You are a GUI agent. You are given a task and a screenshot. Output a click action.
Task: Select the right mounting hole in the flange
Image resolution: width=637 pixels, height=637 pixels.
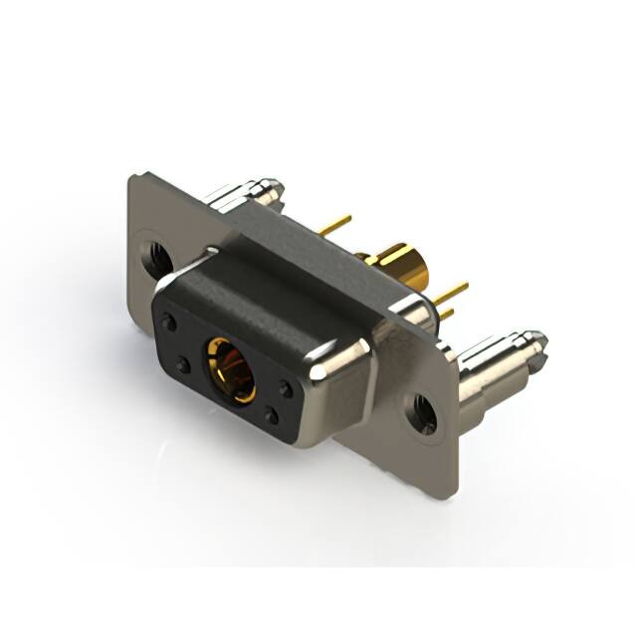[422, 412]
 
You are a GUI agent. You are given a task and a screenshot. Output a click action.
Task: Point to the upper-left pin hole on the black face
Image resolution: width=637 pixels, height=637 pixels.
[171, 322]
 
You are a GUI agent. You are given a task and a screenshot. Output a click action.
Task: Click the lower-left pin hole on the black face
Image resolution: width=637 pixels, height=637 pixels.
[184, 365]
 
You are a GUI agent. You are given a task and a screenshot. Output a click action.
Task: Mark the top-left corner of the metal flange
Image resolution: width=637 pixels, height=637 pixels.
[133, 179]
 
